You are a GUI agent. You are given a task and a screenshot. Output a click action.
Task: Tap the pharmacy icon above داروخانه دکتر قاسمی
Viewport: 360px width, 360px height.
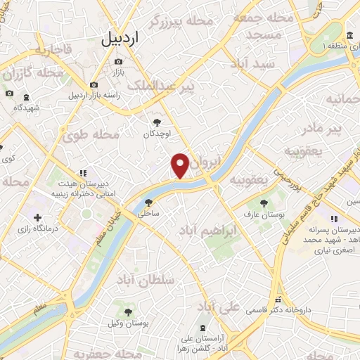278,298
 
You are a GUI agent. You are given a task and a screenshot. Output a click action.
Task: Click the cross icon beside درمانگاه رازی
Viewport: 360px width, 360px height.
38,217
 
